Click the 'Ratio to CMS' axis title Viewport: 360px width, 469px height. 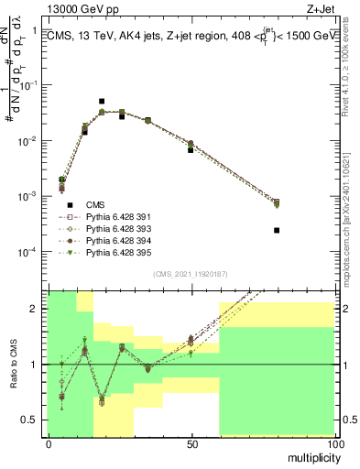(x=12, y=364)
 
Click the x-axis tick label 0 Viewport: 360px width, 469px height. (x=48, y=443)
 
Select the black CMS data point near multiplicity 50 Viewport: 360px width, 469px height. (x=191, y=149)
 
